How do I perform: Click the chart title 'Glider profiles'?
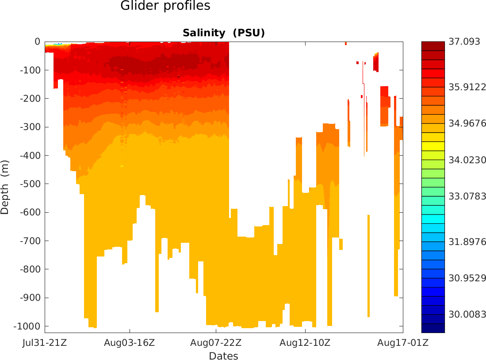point(165,6)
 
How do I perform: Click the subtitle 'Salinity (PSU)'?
point(223,33)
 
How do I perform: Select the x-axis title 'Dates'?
point(223,356)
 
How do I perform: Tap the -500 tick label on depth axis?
point(30,184)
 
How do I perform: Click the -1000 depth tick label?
point(27,326)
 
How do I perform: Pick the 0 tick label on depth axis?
point(37,42)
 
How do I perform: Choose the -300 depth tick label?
point(30,127)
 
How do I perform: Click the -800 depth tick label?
point(30,269)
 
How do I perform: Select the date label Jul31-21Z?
point(45,343)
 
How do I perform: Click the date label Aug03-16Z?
point(130,343)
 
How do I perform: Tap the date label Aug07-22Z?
point(216,343)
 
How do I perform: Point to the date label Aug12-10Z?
point(305,343)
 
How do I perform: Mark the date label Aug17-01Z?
point(402,343)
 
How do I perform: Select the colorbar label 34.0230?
point(466,160)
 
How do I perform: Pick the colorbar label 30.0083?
point(466,314)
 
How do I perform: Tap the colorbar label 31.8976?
point(466,242)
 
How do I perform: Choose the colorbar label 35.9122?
point(466,88)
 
